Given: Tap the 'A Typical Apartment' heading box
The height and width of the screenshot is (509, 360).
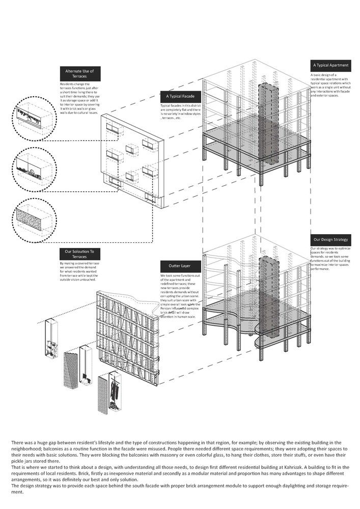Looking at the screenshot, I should tap(330, 66).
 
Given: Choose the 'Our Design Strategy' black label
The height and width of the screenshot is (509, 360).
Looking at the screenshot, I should tap(330, 239).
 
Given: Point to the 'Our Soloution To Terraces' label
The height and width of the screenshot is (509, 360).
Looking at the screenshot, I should tap(80, 253).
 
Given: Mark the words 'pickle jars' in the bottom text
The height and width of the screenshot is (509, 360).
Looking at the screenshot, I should tap(23, 466).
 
